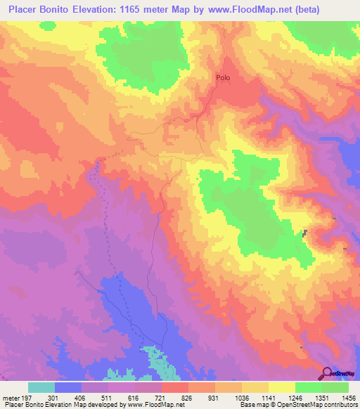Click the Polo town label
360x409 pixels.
pyautogui.click(x=223, y=79)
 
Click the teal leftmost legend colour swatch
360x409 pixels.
pyautogui.click(x=41, y=387)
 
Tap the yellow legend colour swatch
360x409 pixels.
pyautogui.click(x=282, y=387)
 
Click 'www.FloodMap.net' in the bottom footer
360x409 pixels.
pyautogui.click(x=150, y=405)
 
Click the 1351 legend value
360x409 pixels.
pyautogui.click(x=309, y=398)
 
